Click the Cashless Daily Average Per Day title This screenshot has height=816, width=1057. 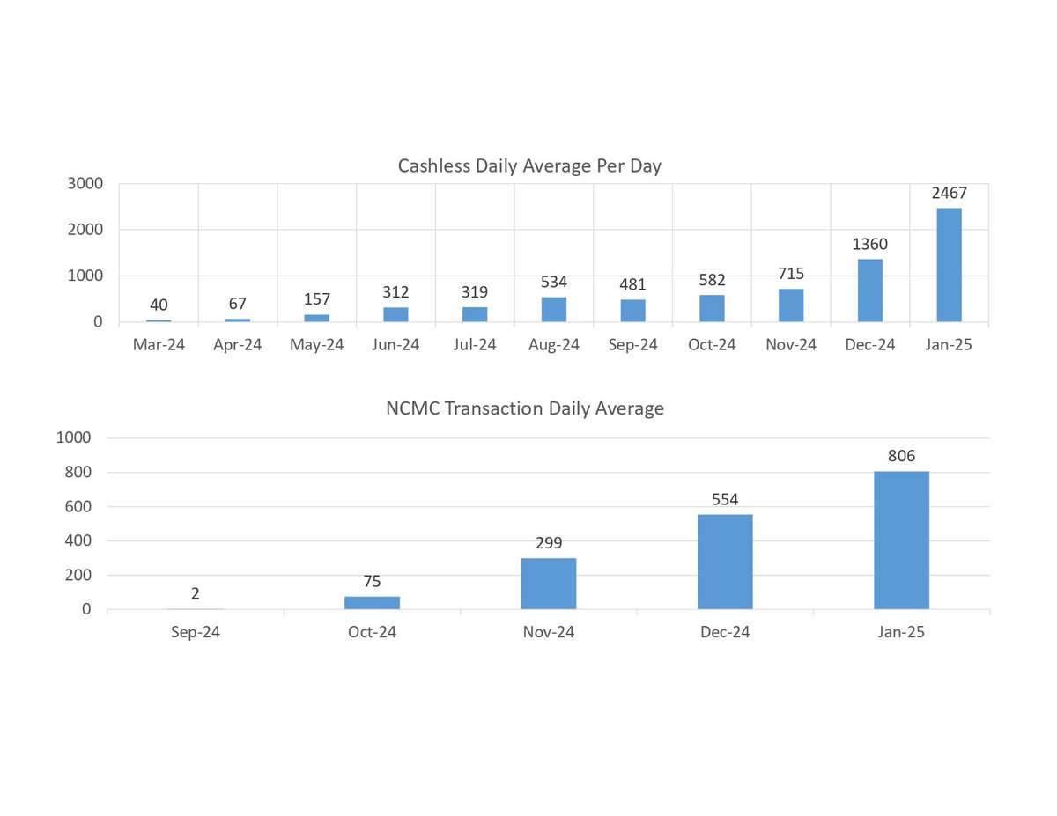click(529, 165)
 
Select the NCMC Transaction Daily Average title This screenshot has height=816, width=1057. click(525, 408)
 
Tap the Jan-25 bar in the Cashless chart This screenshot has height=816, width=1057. click(949, 265)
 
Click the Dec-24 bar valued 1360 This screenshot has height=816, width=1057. click(869, 290)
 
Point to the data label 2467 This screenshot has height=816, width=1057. click(949, 193)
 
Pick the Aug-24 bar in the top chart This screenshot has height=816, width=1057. click(554, 309)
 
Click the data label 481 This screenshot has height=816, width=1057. click(633, 284)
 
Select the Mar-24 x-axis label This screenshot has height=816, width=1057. click(159, 345)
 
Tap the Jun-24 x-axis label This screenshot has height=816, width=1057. click(395, 345)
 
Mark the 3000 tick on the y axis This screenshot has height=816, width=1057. click(86, 184)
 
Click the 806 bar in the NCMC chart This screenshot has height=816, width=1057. click(901, 540)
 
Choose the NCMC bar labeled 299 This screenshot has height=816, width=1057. click(548, 584)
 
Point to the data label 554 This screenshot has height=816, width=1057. click(725, 497)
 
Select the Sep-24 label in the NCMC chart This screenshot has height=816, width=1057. click(195, 632)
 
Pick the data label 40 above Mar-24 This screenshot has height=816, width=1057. click(159, 305)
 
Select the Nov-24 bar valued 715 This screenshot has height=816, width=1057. click(791, 305)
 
